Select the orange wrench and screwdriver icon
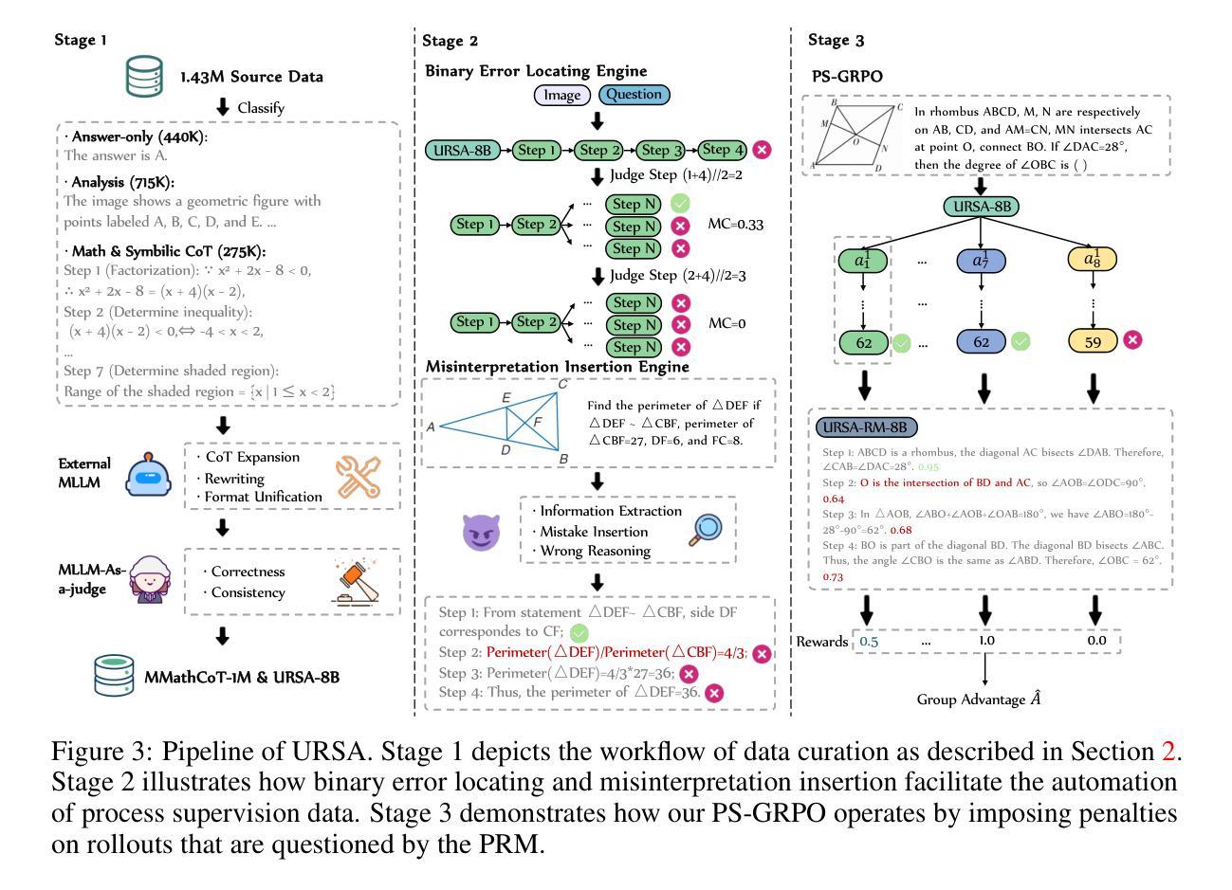click(x=359, y=477)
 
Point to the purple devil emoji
click(x=480, y=533)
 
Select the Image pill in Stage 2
click(x=561, y=95)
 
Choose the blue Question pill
click(x=634, y=95)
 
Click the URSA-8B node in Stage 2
click(x=465, y=150)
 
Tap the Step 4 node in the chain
click(x=724, y=150)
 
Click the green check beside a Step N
click(x=680, y=204)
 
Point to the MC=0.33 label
click(x=736, y=226)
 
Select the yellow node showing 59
click(x=1093, y=342)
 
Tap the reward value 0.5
click(x=869, y=641)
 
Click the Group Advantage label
click(x=980, y=699)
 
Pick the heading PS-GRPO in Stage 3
click(x=846, y=76)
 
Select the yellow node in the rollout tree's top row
click(x=1093, y=261)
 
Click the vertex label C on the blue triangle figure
click(x=563, y=384)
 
